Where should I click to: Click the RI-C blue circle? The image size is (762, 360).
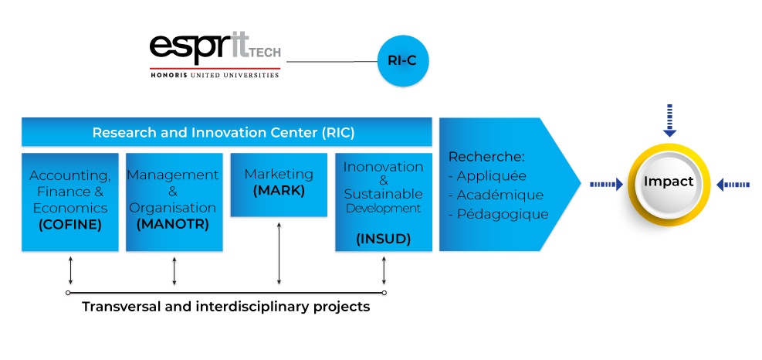403,61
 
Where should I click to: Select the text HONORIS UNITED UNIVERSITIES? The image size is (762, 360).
215,75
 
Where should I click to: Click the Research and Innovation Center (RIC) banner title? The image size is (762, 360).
224,132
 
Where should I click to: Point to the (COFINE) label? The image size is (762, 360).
70,225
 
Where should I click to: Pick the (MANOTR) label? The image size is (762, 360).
173,224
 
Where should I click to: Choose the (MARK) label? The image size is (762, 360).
279,191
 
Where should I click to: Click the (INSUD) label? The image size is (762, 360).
384,239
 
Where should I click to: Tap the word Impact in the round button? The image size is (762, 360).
669,182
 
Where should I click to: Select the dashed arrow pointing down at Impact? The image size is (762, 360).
669,121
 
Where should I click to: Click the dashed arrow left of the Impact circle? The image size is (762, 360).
607,185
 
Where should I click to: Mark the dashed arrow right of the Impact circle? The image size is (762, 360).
733,185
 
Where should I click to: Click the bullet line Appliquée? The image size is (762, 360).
487,175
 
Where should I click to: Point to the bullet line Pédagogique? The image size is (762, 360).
499,214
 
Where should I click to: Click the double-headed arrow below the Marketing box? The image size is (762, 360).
279,253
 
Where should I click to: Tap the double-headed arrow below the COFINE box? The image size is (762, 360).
70,270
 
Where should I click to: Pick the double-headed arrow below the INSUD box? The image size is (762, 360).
384,270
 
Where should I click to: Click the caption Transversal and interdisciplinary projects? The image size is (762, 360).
226,307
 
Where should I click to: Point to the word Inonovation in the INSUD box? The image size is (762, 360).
384,166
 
